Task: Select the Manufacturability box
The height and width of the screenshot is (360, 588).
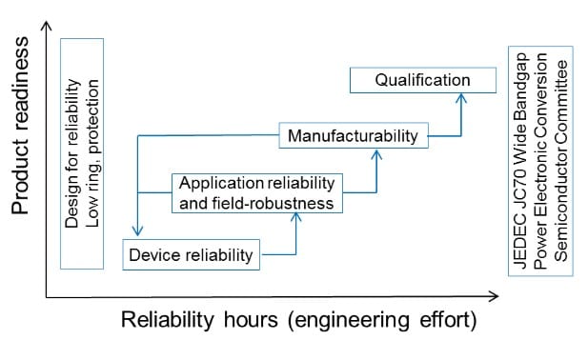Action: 353,136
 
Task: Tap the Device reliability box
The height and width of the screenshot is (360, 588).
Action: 191,254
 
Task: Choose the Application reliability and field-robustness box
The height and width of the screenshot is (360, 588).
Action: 255,192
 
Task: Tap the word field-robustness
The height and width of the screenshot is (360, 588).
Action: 285,203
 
